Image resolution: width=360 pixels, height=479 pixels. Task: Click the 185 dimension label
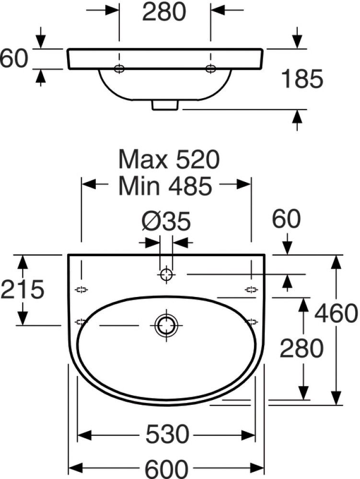(302, 79)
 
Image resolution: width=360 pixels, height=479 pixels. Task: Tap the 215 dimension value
(23, 289)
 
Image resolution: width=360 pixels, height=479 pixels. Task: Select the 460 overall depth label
(336, 313)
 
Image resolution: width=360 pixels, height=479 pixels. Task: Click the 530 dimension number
(167, 434)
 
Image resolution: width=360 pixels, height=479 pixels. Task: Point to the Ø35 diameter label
(166, 221)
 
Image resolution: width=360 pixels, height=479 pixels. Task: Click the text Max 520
(169, 159)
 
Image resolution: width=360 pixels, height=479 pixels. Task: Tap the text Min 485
(165, 186)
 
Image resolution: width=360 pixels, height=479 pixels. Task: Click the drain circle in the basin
(166, 325)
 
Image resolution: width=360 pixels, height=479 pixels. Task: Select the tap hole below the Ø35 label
(166, 274)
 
